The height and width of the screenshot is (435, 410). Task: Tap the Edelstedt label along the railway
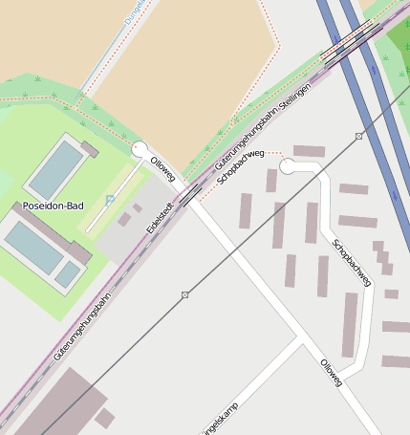(x=160, y=217)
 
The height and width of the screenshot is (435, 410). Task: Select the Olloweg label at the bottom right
(x=330, y=371)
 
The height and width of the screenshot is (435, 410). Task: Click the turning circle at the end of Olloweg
(x=140, y=149)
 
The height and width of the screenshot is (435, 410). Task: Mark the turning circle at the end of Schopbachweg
(x=287, y=167)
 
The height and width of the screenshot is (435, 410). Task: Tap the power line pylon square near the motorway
(x=359, y=137)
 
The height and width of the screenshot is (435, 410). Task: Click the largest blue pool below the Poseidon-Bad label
(x=33, y=247)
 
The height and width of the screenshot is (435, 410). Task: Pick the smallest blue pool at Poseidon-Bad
(x=68, y=275)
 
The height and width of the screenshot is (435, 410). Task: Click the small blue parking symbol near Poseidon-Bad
(x=110, y=199)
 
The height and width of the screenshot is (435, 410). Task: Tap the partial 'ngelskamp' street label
(x=221, y=417)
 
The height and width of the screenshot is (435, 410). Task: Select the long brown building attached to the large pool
(x=58, y=234)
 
